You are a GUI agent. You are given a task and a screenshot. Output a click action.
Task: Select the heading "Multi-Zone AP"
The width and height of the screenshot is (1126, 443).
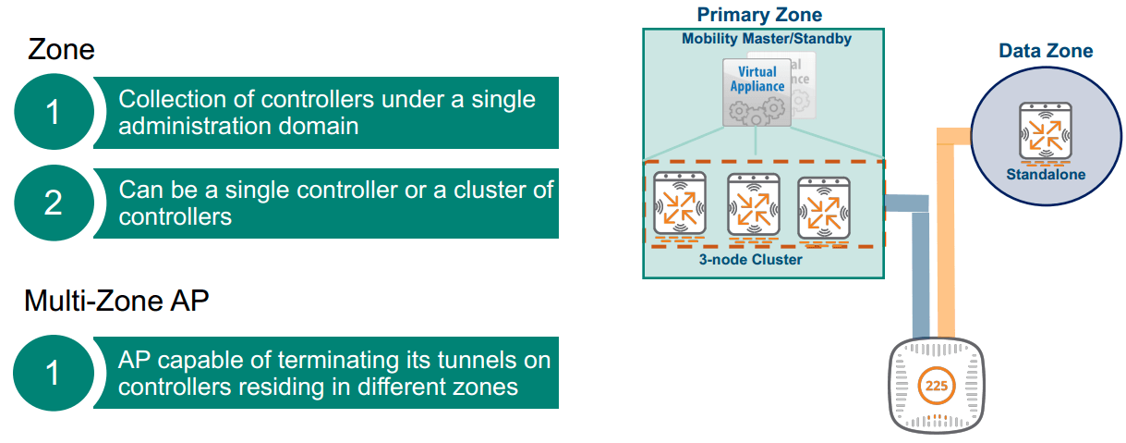[116, 301]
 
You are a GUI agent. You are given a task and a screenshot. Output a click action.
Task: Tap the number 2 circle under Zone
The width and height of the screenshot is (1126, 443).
[54, 202]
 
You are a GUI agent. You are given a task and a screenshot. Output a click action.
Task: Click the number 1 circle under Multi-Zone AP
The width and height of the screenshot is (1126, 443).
[54, 373]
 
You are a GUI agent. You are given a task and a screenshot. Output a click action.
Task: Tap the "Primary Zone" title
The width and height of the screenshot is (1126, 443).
[759, 14]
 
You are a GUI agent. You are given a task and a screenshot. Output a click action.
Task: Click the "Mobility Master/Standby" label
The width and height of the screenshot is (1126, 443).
[766, 39]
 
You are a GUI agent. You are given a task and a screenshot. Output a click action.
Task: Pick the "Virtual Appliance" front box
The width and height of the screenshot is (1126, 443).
[757, 91]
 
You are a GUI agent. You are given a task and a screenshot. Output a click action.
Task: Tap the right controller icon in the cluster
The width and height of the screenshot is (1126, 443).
[823, 208]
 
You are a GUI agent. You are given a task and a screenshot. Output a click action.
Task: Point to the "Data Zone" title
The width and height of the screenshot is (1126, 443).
[1046, 51]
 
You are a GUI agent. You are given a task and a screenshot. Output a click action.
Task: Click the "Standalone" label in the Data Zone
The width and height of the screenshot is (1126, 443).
[1046, 174]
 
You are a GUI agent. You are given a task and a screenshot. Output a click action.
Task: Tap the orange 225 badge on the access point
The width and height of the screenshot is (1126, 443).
[936, 386]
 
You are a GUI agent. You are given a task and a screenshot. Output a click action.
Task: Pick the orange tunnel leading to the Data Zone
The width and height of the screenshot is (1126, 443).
[946, 231]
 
